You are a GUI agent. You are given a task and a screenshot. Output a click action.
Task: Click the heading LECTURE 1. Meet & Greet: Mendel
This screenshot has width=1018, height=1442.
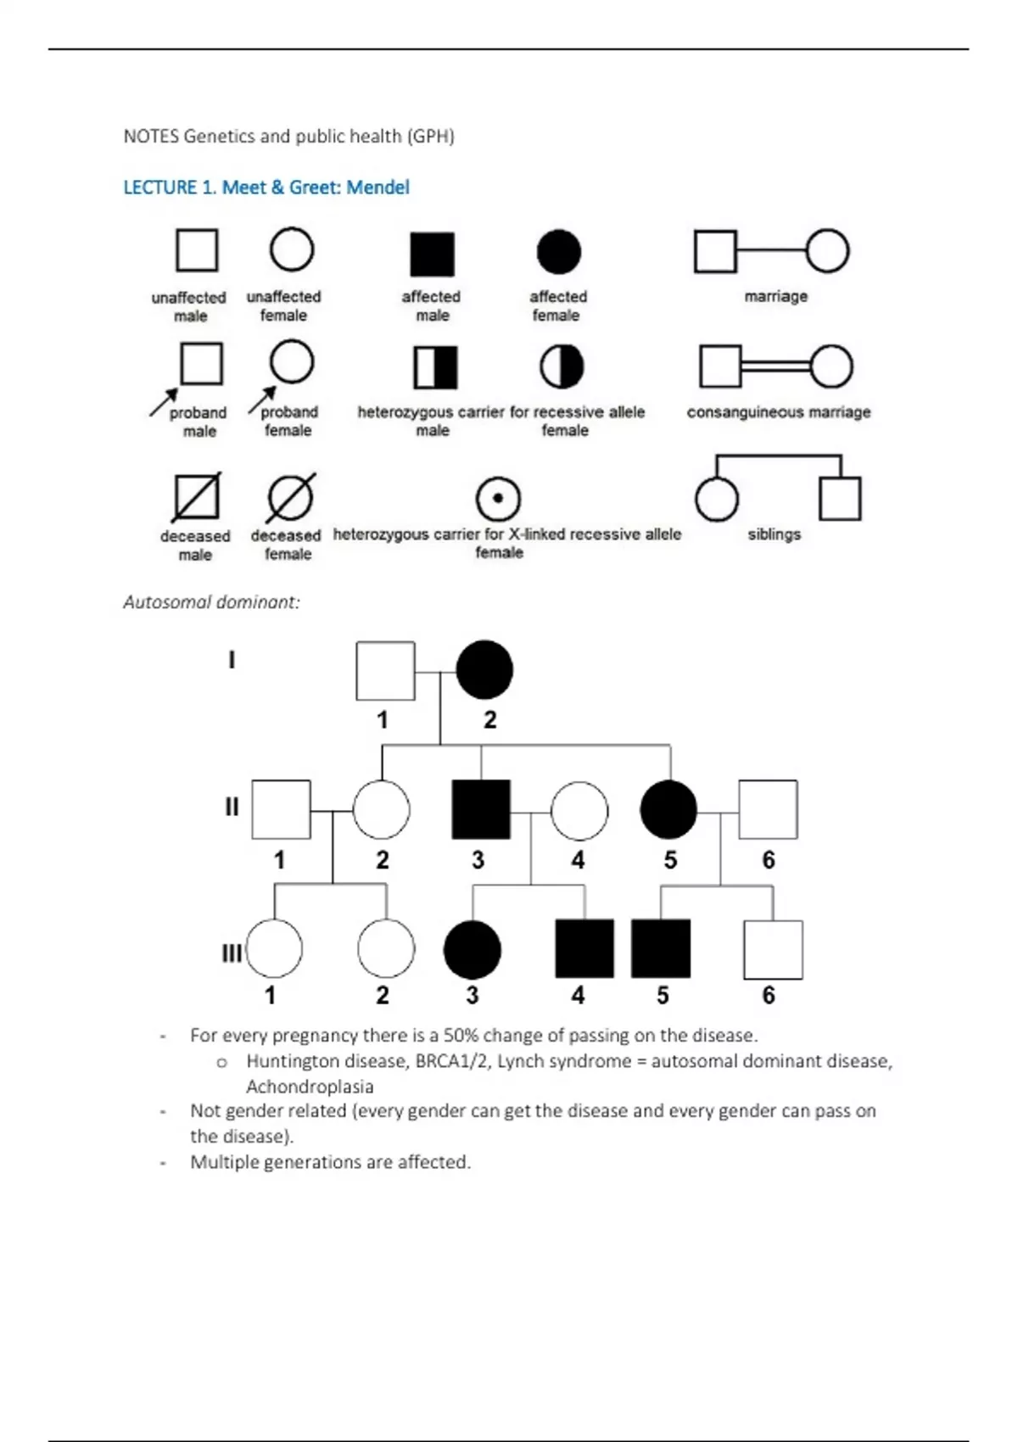266,187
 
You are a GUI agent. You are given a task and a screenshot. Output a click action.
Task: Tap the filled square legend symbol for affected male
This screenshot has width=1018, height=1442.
432,254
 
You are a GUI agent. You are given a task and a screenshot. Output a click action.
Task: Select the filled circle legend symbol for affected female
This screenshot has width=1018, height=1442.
559,252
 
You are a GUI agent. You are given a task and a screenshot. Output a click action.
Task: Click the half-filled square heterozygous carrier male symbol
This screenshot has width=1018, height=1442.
435,367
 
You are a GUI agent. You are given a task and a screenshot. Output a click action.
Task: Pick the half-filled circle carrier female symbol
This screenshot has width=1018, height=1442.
562,366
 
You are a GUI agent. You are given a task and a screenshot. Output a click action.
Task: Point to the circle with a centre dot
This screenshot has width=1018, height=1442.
498,498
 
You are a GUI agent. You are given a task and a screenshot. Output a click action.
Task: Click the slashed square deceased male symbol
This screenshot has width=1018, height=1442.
197,497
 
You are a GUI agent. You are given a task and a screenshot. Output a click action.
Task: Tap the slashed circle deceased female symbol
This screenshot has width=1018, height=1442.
290,497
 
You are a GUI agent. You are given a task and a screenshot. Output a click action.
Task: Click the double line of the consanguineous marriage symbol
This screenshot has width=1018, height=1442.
775,366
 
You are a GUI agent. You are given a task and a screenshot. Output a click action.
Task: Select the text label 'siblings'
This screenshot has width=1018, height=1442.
774,534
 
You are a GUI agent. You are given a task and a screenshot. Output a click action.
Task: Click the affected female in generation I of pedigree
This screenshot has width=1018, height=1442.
484,670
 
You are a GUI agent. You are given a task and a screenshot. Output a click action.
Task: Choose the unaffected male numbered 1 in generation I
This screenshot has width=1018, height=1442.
385,671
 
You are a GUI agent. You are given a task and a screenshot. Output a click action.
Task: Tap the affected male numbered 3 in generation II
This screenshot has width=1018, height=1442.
481,809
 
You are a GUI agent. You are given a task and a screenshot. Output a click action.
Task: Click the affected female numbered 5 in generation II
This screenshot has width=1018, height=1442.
668,809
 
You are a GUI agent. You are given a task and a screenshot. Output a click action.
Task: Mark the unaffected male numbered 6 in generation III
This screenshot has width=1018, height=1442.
773,949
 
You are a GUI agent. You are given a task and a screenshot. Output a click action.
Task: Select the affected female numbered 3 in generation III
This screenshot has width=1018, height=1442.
473,949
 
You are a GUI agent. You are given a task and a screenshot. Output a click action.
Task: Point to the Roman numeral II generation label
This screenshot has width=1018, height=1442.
232,807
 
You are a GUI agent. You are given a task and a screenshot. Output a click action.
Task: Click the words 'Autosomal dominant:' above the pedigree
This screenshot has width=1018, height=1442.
211,602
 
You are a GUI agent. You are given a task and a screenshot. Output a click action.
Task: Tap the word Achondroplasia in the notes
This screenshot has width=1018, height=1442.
310,1087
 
